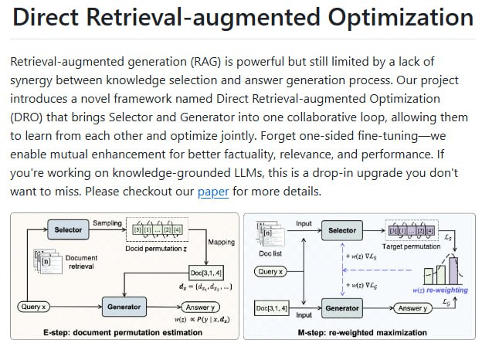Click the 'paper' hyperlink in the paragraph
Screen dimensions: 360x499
tap(213, 192)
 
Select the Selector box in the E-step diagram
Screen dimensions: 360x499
tap(69, 229)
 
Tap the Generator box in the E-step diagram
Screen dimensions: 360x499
tap(124, 307)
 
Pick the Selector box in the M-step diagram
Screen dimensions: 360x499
tap(342, 230)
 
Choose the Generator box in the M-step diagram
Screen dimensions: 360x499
tap(342, 307)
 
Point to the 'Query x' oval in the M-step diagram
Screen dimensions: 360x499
tap(270, 272)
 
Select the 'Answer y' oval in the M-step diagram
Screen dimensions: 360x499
tap(414, 308)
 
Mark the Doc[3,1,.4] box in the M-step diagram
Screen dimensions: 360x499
tap(272, 308)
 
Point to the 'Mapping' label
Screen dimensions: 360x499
tap(222, 242)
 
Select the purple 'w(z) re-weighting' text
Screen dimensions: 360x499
tap(438, 290)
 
